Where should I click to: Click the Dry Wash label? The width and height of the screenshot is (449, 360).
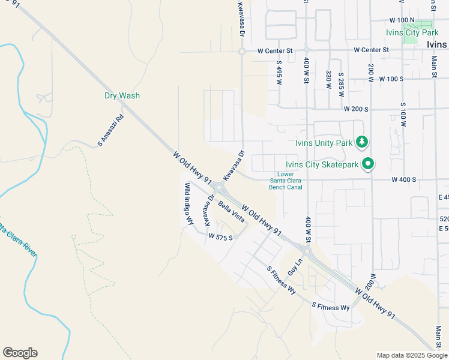click(122, 95)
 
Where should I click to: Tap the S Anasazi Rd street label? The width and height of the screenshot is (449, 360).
click(110, 131)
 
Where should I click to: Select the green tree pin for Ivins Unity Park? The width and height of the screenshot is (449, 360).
click(361, 142)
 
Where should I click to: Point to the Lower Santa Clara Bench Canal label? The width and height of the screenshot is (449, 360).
click(285, 181)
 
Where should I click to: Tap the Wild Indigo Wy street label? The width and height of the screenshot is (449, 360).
click(190, 204)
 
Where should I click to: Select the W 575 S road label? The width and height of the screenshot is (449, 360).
click(220, 237)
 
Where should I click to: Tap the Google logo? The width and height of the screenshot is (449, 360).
click(20, 353)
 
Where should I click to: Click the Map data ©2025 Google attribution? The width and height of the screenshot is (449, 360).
click(412, 355)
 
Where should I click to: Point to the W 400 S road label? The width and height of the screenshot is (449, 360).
click(403, 179)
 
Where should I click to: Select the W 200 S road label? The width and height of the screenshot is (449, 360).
click(355, 109)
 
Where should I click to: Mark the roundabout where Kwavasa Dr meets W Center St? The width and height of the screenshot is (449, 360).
click(241, 52)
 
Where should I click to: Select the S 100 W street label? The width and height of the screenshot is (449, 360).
click(403, 113)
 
